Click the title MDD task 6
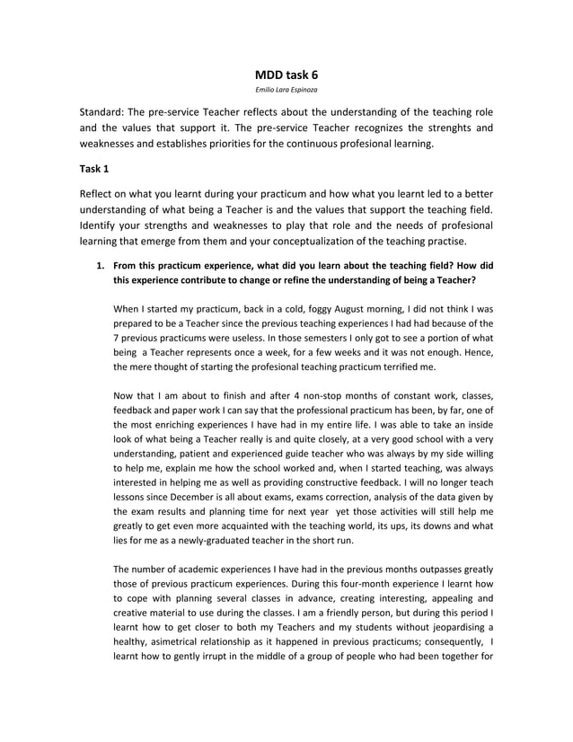286,75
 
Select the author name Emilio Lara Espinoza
286,91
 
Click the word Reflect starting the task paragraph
98,194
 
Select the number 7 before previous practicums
116,340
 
